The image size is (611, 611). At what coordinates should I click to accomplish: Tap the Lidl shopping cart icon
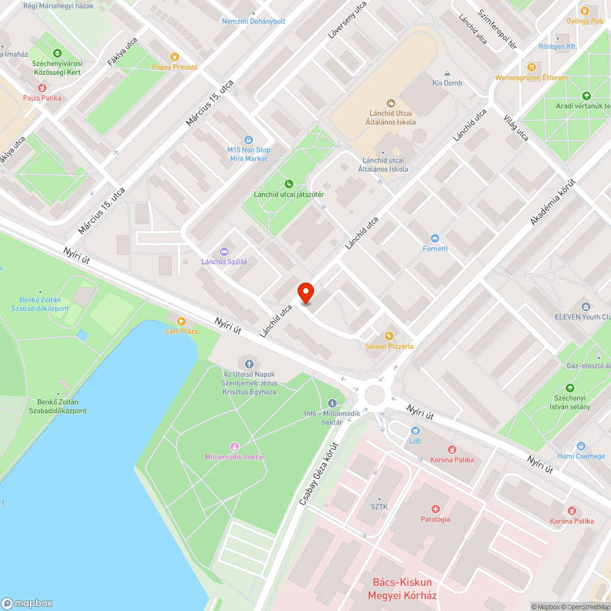click(x=415, y=430)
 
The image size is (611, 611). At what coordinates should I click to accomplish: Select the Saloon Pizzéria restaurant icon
click(x=389, y=335)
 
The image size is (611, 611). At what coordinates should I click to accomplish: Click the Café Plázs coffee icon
click(x=181, y=321)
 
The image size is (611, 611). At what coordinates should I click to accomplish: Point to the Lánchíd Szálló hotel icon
click(x=224, y=251)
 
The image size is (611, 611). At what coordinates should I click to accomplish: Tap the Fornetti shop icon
click(x=435, y=238)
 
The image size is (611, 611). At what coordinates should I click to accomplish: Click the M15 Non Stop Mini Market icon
click(x=248, y=140)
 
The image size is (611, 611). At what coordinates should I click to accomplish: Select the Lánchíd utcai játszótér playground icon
click(x=289, y=184)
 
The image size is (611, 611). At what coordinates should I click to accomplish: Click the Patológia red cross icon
click(x=435, y=508)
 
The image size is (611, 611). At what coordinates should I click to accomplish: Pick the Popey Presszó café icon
click(x=175, y=57)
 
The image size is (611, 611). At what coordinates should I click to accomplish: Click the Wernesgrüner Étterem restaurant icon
click(x=531, y=67)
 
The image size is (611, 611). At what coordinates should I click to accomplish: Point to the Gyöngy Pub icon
click(x=585, y=10)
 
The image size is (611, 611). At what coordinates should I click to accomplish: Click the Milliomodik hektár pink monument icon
click(x=234, y=447)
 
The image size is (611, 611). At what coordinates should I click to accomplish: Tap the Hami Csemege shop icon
click(x=580, y=446)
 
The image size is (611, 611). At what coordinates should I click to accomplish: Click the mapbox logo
click(x=27, y=603)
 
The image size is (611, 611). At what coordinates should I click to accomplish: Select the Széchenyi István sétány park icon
click(x=570, y=388)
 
